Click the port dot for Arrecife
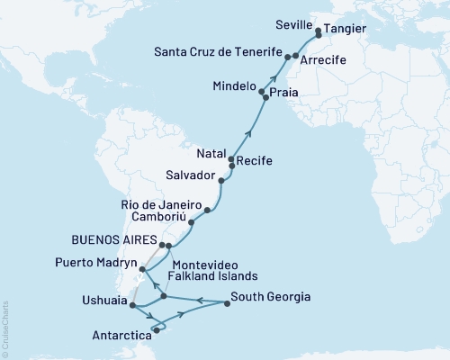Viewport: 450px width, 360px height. pyautogui.click(x=296, y=56)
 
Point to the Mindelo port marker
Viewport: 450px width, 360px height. pyautogui.click(x=262, y=92)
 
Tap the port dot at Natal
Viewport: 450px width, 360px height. pyautogui.click(x=232, y=157)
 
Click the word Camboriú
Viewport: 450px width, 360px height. pyautogui.click(x=157, y=217)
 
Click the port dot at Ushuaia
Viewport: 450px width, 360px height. pyautogui.click(x=133, y=306)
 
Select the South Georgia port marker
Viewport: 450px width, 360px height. pyautogui.click(x=227, y=303)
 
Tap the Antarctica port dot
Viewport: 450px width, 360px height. pyautogui.click(x=156, y=330)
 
